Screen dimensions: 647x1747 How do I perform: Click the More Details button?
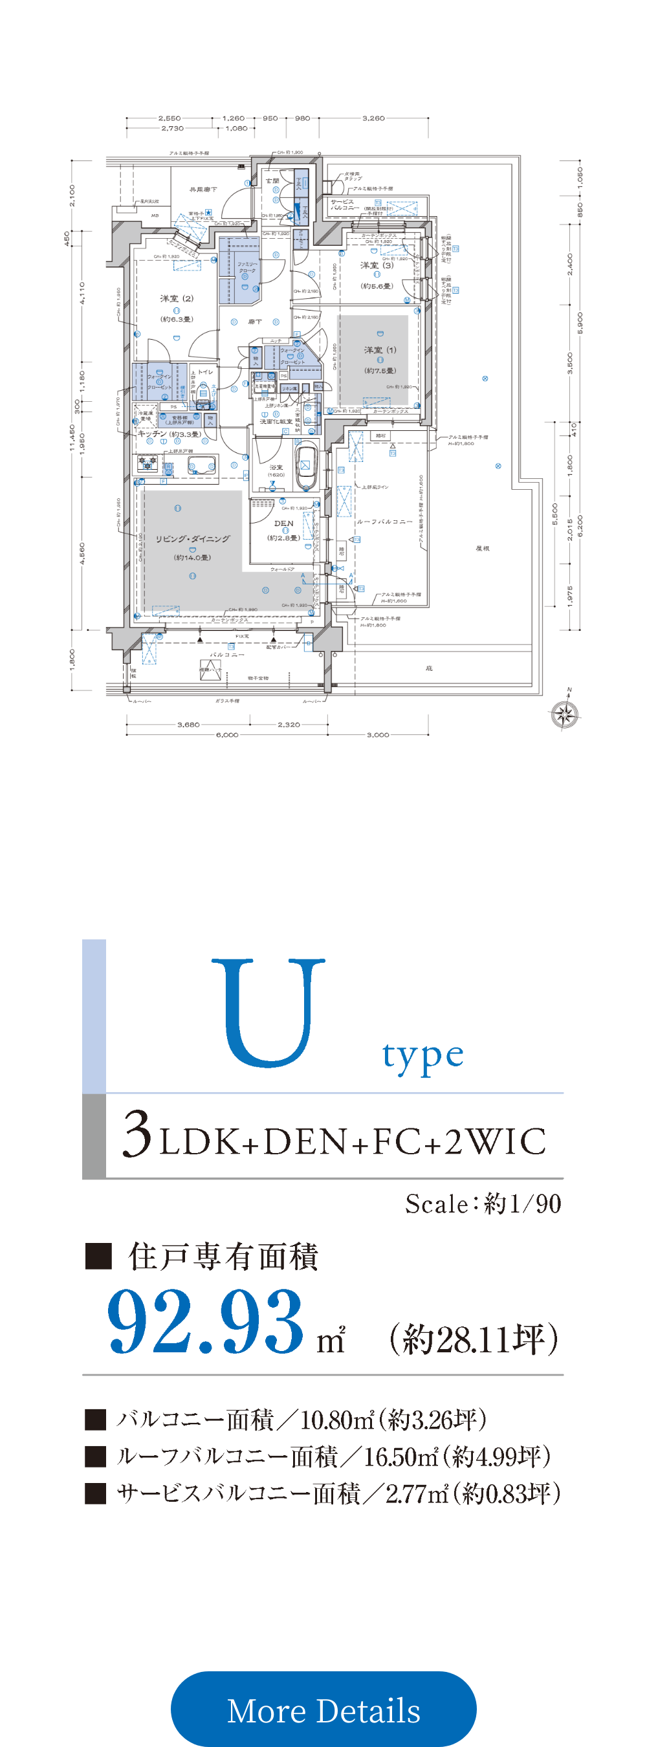pyautogui.click(x=323, y=1709)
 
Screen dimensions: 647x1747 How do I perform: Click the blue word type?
pyautogui.click(x=422, y=1055)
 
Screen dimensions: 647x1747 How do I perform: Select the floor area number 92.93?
pyautogui.click(x=206, y=1322)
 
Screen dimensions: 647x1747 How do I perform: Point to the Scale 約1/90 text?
pyautogui.click(x=483, y=1203)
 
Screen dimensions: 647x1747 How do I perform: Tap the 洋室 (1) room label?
pyautogui.click(x=380, y=350)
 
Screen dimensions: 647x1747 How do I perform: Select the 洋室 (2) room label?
pyautogui.click(x=177, y=298)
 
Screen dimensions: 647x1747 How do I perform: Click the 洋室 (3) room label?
pyautogui.click(x=377, y=265)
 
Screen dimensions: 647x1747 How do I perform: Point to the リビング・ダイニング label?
pyautogui.click(x=193, y=538)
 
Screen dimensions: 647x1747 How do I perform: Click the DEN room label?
pyautogui.click(x=283, y=523)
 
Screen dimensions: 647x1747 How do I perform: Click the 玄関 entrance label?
pyautogui.click(x=272, y=181)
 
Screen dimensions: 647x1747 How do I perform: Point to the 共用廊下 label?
pyautogui.click(x=203, y=189)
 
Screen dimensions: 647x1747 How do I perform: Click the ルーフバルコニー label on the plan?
pyautogui.click(x=384, y=522)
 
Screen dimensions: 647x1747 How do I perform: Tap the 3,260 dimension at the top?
pyautogui.click(x=373, y=118)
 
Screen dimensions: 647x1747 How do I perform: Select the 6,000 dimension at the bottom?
pyautogui.click(x=226, y=735)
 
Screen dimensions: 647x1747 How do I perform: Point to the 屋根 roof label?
pyautogui.click(x=482, y=548)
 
